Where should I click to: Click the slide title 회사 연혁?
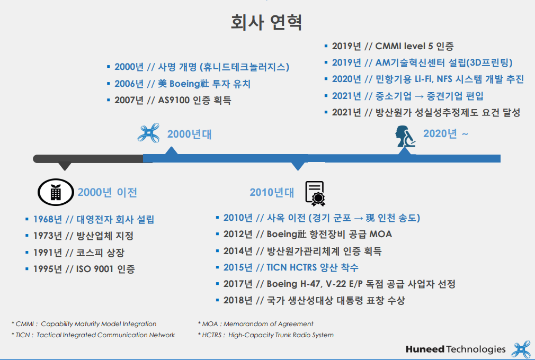tap(266, 22)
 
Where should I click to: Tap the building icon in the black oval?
tap(56, 192)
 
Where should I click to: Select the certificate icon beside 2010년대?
tap(315, 193)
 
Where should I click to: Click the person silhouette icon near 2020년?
tap(405, 136)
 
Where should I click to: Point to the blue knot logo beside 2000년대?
tap(148, 132)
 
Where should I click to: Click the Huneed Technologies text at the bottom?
tap(456, 349)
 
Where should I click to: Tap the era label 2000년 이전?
tap(107, 192)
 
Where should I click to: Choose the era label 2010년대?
tap(272, 192)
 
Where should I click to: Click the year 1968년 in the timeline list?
tap(48, 219)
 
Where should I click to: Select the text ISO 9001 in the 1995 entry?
tap(94, 269)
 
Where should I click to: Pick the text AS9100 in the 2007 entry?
tap(174, 100)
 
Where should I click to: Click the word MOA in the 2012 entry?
tap(381, 234)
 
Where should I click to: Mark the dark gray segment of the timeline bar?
tap(88, 158)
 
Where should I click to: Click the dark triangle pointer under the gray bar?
tap(65, 166)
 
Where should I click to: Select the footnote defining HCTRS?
tap(266, 335)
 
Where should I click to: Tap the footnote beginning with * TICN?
tap(93, 335)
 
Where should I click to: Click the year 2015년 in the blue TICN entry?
tap(238, 267)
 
